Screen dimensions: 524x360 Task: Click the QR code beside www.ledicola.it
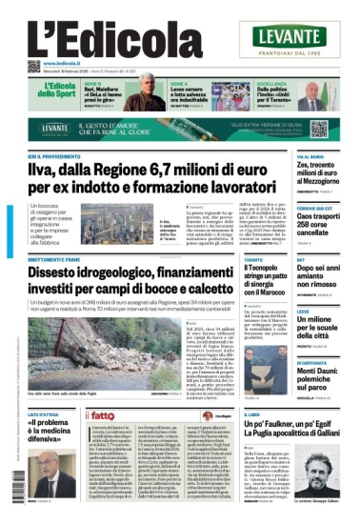(x=33, y=66)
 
